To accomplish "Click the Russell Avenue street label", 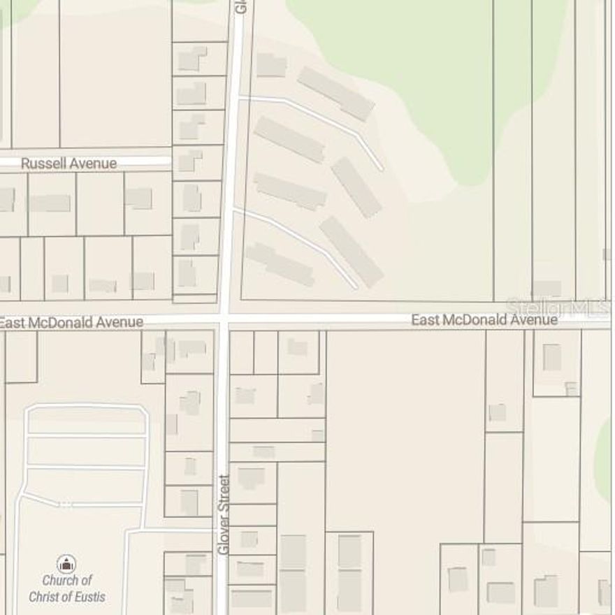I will pyautogui.click(x=68, y=164).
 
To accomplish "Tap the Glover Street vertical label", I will pyautogui.click(x=224, y=514).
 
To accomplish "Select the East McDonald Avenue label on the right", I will pyautogui.click(x=484, y=320).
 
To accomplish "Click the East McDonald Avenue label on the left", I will pyautogui.click(x=71, y=322).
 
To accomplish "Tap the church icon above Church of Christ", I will pyautogui.click(x=66, y=563).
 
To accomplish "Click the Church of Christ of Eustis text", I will pyautogui.click(x=67, y=588).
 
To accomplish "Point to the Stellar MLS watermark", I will pyautogui.click(x=558, y=307).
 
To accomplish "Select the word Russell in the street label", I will pyautogui.click(x=43, y=164).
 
